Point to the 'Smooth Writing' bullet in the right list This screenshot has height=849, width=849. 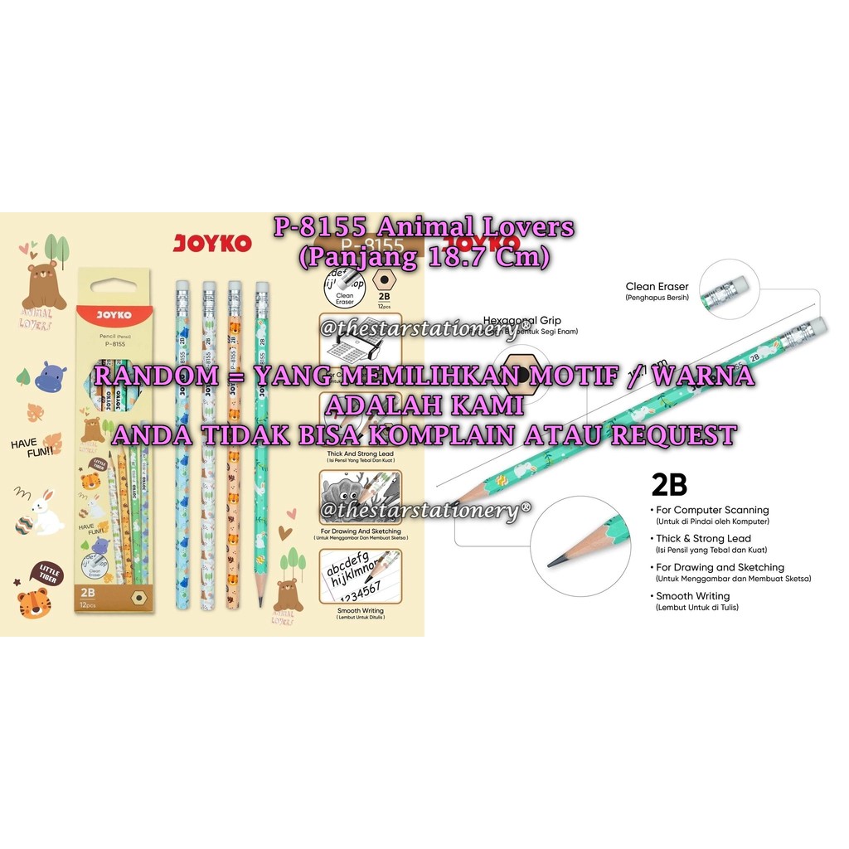point(692,596)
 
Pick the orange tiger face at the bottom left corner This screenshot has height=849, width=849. point(32,604)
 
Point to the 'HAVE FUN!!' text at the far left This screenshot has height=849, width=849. point(32,446)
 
